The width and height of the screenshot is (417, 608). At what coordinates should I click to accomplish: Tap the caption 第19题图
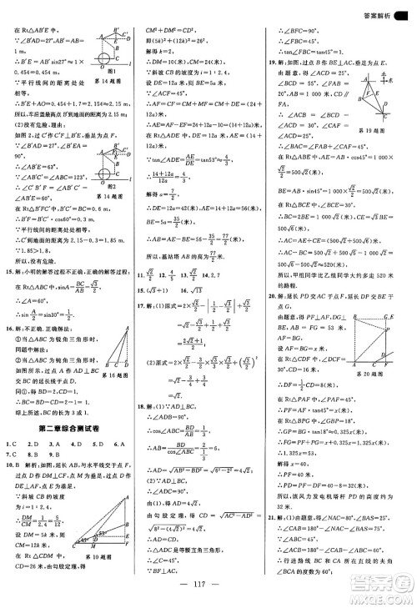[x=388, y=131]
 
